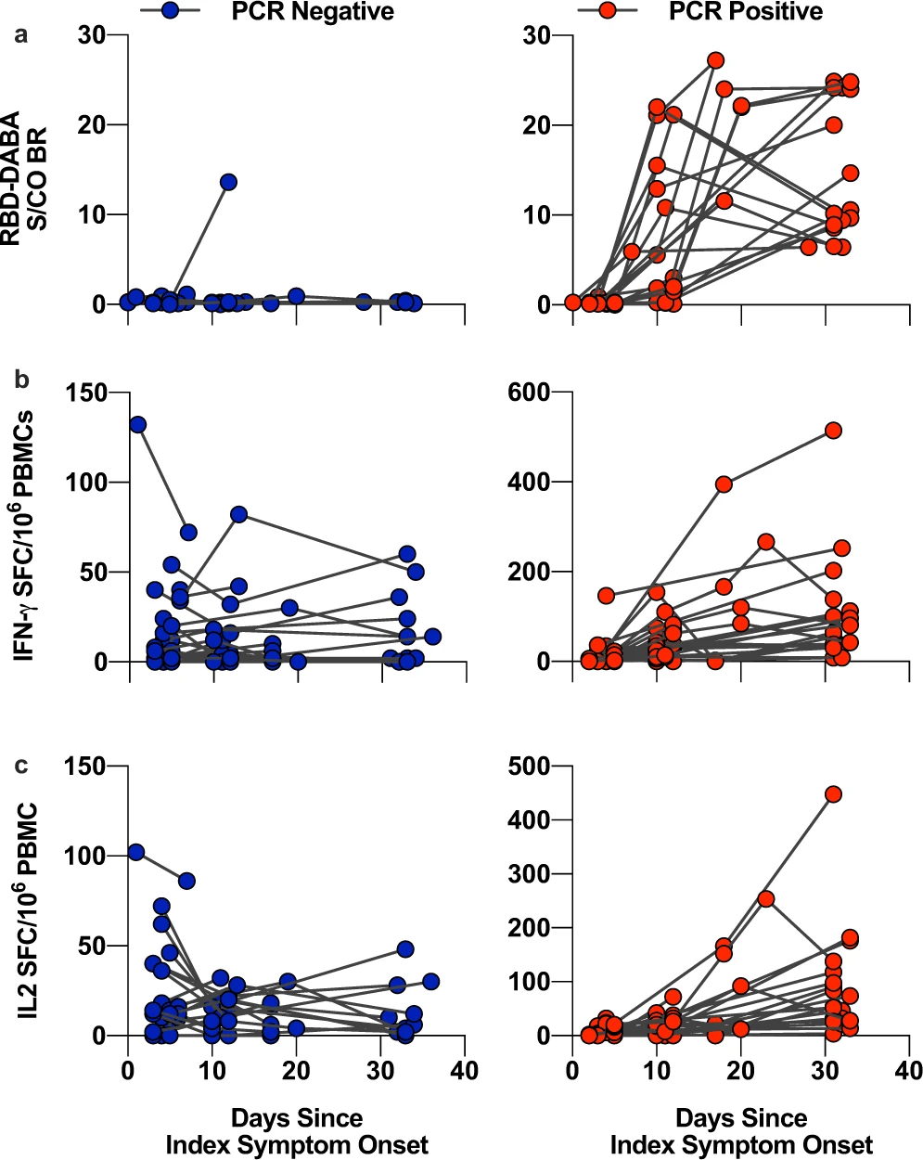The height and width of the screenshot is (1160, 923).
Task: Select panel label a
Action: click(x=19, y=35)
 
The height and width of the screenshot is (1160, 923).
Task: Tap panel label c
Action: click(x=19, y=765)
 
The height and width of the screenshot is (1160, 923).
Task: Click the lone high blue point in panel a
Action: click(x=228, y=182)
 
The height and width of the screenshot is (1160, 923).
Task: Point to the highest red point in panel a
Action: click(x=715, y=60)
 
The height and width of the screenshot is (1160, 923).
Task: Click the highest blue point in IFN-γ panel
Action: click(x=137, y=424)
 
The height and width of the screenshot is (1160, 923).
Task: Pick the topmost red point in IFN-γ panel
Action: click(x=833, y=430)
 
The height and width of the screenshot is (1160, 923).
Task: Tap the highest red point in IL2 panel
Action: click(x=833, y=794)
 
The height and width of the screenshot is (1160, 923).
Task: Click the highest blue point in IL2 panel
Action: click(x=136, y=852)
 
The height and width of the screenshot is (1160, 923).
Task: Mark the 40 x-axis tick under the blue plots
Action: click(x=465, y=1071)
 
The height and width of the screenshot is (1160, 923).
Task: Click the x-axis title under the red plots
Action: click(x=741, y=1130)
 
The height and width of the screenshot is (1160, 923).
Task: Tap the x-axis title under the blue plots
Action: click(x=297, y=1130)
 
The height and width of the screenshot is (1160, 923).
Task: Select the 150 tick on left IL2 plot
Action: click(x=84, y=767)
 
